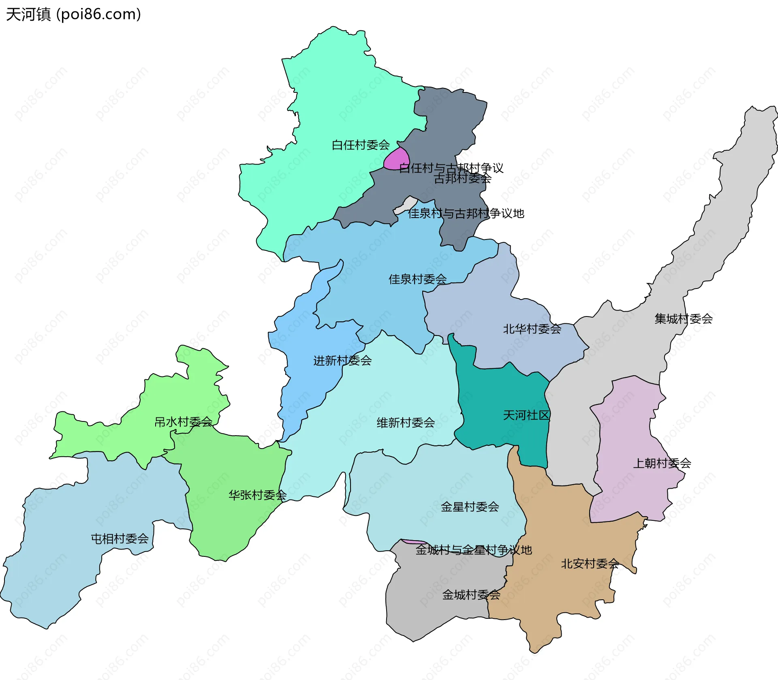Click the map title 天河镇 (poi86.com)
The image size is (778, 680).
73,15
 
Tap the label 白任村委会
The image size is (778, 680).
361,145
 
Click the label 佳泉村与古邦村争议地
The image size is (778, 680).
466,213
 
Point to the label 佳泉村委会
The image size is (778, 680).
417,279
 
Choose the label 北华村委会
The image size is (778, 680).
532,329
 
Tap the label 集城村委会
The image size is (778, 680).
684,319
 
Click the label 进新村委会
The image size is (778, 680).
342,360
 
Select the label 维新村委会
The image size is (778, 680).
406,423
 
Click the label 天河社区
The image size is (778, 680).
526,415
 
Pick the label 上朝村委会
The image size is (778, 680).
662,463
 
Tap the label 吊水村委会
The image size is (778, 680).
184,422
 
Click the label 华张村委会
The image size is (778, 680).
257,495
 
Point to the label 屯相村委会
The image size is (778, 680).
120,539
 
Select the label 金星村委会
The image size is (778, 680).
470,507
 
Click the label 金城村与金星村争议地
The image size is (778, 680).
473,550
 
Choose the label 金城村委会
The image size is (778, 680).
471,594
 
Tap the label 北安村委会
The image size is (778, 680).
590,563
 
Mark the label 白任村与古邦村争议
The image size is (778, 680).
451,167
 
